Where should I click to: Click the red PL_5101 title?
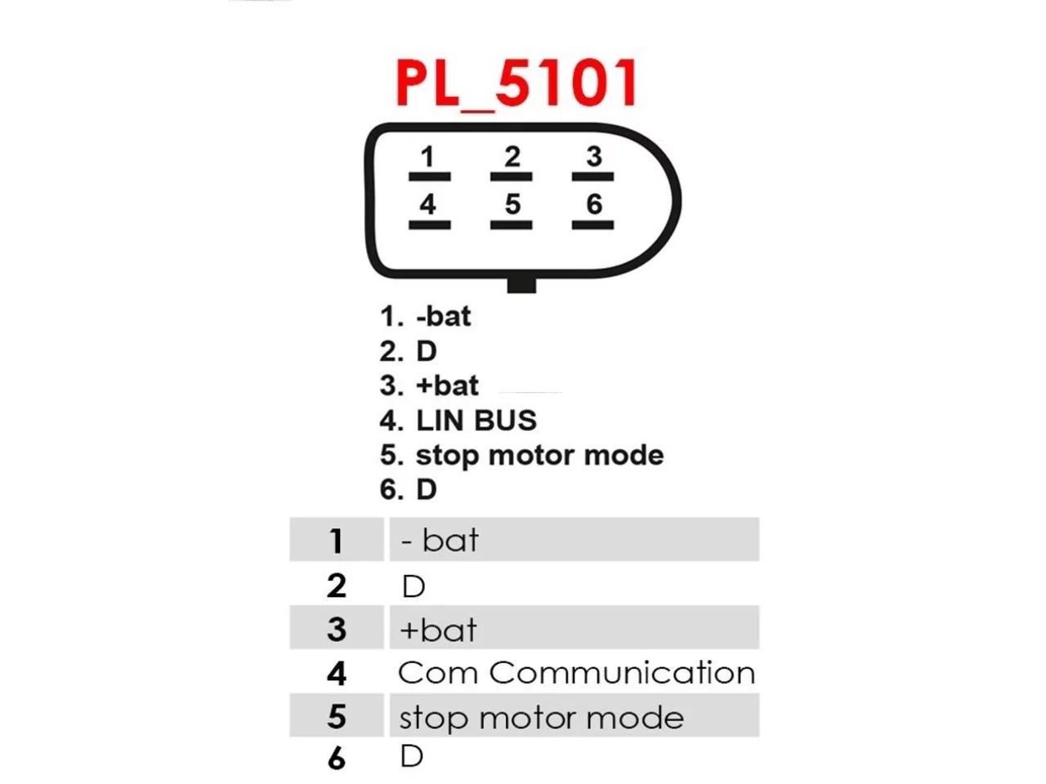point(516,85)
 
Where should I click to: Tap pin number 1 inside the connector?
point(427,157)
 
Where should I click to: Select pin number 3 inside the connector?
point(594,157)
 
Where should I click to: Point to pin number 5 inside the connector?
point(512,204)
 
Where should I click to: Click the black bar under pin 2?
point(511,177)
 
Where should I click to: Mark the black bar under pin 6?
point(592,225)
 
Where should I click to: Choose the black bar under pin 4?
point(429,225)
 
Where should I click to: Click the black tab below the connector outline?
point(521,285)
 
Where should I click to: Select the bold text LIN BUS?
point(476,421)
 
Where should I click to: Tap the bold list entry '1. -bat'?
point(426,316)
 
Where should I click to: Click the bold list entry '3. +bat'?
point(429,385)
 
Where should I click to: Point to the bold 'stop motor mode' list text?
point(540,456)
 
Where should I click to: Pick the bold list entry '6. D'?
point(409,489)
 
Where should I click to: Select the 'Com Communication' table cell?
point(577,673)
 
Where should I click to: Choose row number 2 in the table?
point(337,586)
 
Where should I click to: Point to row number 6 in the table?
point(337,759)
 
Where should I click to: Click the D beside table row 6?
point(412,756)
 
